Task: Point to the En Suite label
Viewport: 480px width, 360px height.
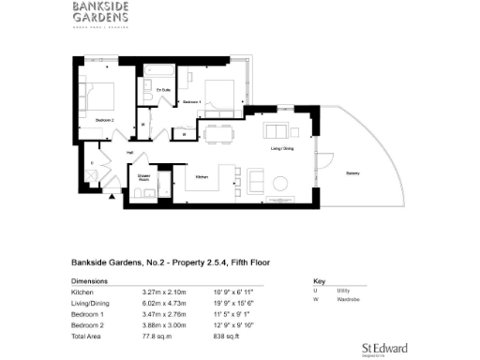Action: click(162, 89)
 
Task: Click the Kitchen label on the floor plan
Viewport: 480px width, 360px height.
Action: click(201, 176)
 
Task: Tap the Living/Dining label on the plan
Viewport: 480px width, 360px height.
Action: click(282, 147)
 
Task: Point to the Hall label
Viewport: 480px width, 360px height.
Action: click(131, 152)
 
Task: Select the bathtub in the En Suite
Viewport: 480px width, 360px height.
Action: click(160, 70)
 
